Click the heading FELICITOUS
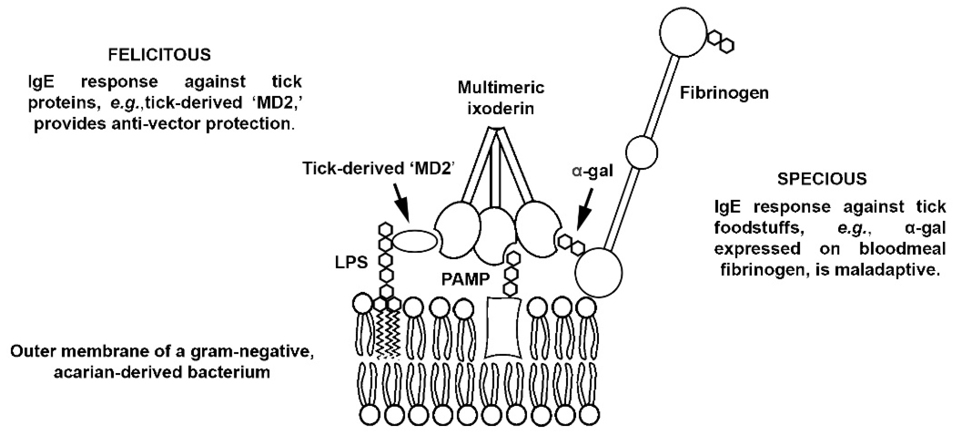point(159,55)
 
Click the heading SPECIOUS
point(822,179)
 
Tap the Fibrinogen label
point(724,93)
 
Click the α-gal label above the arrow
point(592,171)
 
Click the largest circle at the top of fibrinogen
point(683,32)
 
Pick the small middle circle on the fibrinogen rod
point(642,153)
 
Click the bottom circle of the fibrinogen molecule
point(598,272)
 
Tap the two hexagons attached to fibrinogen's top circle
point(720,41)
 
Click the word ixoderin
point(500,109)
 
